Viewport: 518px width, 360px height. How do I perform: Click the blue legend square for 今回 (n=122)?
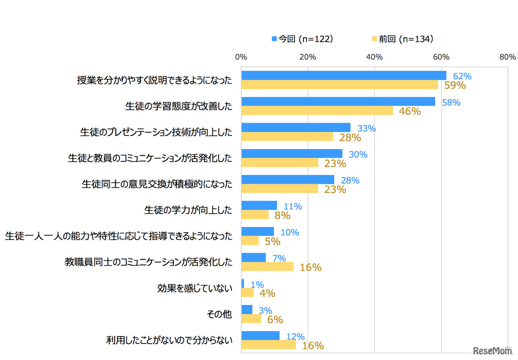point(274,39)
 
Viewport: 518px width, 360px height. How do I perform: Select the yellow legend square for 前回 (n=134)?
point(374,39)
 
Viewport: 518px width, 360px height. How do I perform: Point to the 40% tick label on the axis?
point(374,57)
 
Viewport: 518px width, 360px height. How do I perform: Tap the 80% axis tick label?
point(507,57)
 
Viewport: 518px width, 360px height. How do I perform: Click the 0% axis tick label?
point(241,57)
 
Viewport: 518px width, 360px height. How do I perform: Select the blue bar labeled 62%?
point(344,76)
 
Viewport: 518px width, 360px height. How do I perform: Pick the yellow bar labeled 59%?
point(340,85)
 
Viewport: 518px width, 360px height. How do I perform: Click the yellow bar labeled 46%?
point(317,110)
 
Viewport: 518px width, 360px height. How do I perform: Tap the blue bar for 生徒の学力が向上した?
point(259,205)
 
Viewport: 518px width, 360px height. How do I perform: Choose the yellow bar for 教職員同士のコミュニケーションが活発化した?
point(267,267)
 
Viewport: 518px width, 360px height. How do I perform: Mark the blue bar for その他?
point(247,309)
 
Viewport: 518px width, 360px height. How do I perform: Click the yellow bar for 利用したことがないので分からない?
point(268,345)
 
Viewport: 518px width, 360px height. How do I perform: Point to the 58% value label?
point(451,103)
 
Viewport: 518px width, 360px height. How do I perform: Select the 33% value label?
point(366,129)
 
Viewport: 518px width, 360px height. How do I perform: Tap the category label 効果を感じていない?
point(195,288)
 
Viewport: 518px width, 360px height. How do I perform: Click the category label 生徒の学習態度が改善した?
point(178,106)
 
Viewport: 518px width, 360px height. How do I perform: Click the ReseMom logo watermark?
point(492,350)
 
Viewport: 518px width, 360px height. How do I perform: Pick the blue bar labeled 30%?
point(292,154)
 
